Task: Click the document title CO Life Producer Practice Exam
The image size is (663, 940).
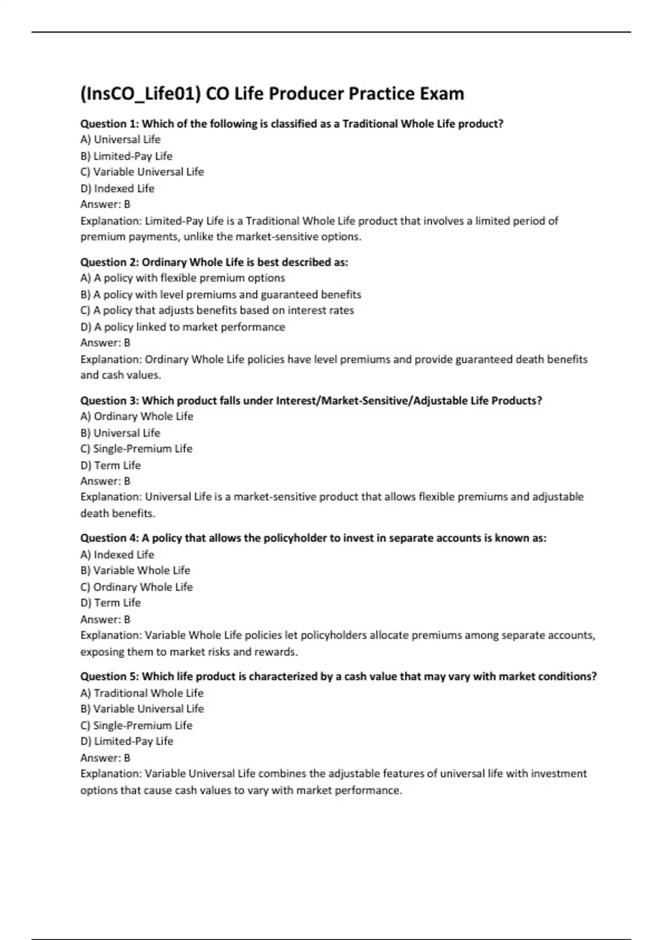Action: click(335, 93)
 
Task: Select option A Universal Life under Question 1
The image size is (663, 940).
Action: click(120, 139)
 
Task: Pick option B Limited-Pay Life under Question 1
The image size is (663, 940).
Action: click(127, 156)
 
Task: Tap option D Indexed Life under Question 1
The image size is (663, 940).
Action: click(117, 189)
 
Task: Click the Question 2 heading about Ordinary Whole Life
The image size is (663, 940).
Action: click(214, 262)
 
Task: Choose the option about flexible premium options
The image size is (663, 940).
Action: click(182, 278)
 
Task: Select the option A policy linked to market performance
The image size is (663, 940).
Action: click(182, 327)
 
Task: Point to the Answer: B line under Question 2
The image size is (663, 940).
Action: click(106, 343)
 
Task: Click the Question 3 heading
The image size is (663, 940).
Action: click(311, 400)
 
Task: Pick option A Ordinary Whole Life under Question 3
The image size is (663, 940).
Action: click(136, 416)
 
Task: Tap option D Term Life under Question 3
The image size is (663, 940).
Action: click(110, 465)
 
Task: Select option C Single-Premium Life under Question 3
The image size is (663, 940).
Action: click(136, 448)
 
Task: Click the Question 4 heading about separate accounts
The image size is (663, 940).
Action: click(313, 538)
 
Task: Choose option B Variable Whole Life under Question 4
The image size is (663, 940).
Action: click(135, 570)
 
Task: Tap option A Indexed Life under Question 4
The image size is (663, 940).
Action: click(117, 555)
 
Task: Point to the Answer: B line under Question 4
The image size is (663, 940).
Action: click(106, 619)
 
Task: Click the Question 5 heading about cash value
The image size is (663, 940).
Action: click(339, 676)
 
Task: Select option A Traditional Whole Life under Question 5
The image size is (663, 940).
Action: click(142, 693)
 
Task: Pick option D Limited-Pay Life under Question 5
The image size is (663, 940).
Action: click(127, 741)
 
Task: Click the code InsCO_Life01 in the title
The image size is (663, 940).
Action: click(140, 93)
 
